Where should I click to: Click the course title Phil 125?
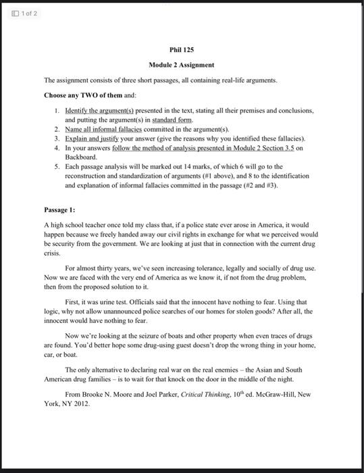[182, 50]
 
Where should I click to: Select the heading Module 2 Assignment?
[182, 65]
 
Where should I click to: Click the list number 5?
[57, 166]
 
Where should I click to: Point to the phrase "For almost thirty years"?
[96, 268]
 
